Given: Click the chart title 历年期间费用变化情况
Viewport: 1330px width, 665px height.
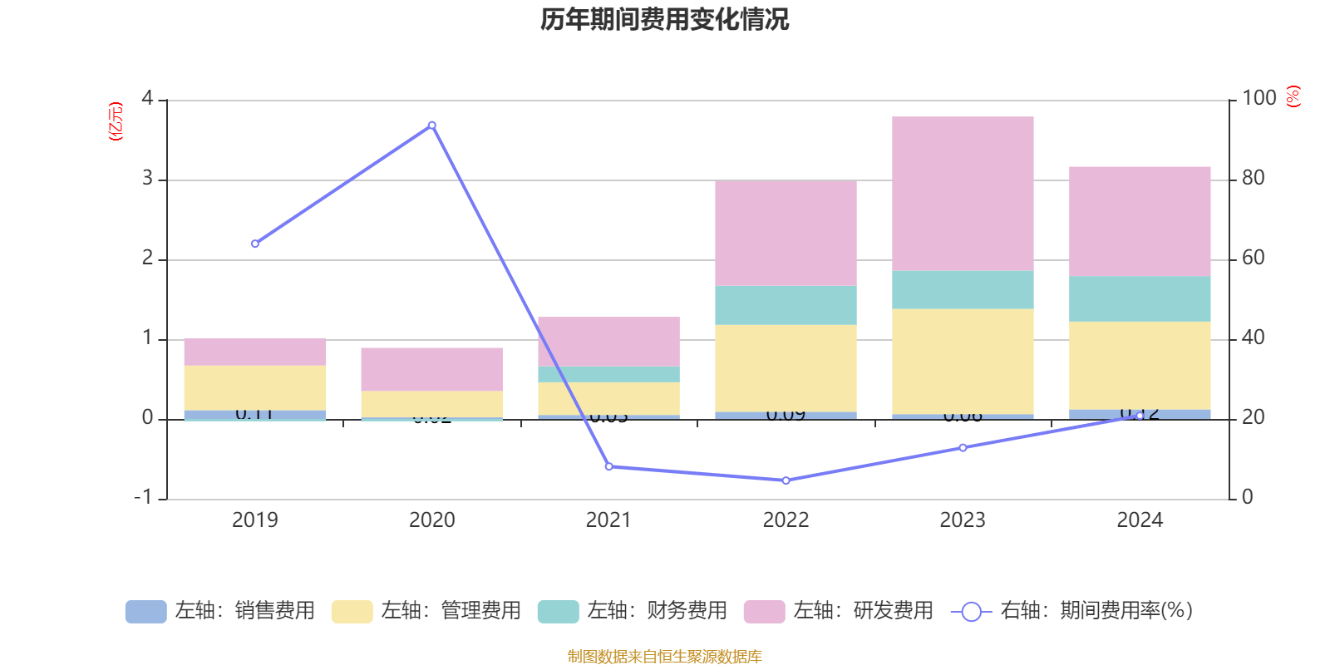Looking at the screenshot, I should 664,19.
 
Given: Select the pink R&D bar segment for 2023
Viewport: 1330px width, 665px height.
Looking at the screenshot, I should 963,193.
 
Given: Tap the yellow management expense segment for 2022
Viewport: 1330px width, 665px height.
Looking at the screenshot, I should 786,367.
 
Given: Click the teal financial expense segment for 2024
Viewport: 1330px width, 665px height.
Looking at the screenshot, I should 1140,298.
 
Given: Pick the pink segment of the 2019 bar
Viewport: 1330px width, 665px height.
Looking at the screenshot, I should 254,352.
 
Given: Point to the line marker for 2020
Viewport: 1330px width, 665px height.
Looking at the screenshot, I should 431,126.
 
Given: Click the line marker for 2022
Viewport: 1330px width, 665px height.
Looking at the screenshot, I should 786,480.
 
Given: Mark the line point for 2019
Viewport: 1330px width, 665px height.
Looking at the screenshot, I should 254,244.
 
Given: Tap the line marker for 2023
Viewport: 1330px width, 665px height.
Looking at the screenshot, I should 963,448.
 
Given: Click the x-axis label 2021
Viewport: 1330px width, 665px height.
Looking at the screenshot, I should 608,520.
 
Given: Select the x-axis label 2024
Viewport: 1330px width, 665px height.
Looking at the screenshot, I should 1140,520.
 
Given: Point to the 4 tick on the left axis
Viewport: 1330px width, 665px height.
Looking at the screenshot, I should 148,99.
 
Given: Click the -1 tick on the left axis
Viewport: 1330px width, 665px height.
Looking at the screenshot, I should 144,497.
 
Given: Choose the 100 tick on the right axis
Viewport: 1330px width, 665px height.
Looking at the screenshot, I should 1259,98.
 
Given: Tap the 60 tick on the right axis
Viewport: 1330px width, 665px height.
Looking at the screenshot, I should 1253,259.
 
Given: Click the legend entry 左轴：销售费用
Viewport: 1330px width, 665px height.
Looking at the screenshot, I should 220,611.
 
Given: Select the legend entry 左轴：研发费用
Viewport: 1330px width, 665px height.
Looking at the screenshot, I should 839,611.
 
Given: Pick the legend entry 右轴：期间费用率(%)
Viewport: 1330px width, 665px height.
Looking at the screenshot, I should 1072,611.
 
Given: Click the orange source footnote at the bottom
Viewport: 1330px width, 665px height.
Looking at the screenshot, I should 664,657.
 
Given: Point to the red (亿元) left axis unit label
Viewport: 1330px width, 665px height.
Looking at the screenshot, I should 116,121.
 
